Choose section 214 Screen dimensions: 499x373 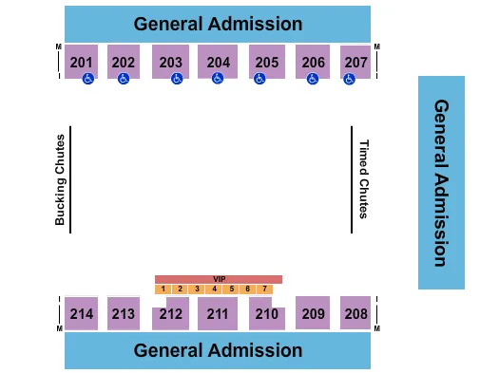pos(82,313)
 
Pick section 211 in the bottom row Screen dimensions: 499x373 pos(218,313)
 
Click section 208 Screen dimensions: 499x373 pos(355,313)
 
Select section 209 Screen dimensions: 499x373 pos(311,313)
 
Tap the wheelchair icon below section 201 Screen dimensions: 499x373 pos(87,81)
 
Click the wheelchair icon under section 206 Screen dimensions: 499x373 pos(313,81)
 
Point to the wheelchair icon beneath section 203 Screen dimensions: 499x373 pos(177,81)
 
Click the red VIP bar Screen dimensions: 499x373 pos(219,279)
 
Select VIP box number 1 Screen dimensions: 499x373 pos(163,289)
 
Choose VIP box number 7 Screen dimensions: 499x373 pos(264,289)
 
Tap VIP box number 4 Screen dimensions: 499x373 pos(215,289)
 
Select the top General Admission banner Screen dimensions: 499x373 pos(218,24)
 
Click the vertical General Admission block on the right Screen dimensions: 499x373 pos(441,182)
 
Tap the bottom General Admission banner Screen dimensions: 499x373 pos(218,350)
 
